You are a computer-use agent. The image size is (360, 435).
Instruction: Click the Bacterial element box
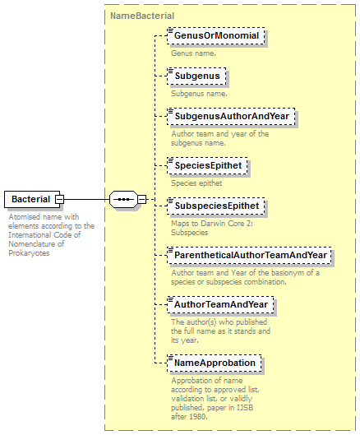pos(32,199)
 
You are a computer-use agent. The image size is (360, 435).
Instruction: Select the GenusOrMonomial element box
pos(216,36)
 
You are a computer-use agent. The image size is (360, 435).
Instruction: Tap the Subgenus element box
pos(196,76)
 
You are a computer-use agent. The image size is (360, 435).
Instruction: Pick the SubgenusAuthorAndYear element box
pos(231,116)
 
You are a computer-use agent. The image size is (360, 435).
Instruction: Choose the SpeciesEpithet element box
pos(207,165)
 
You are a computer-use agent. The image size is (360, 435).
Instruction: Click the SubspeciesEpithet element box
pos(216,206)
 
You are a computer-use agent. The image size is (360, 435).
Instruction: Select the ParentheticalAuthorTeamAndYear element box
pos(249,255)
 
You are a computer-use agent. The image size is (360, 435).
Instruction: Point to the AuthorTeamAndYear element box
pos(220,304)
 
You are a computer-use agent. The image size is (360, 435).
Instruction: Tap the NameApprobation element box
pos(215,363)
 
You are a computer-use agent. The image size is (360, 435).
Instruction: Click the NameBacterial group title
pos(142,16)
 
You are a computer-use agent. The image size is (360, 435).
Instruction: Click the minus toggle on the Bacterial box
pos(60,199)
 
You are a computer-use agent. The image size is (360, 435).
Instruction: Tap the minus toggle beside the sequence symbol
pos(142,199)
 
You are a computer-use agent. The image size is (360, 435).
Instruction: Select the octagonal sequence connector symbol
pos(123,199)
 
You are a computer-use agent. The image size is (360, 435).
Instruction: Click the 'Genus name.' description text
pos(194,53)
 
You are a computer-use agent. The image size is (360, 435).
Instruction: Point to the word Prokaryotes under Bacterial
pos(29,253)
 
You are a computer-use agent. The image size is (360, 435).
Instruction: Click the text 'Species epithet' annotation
pos(196,183)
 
